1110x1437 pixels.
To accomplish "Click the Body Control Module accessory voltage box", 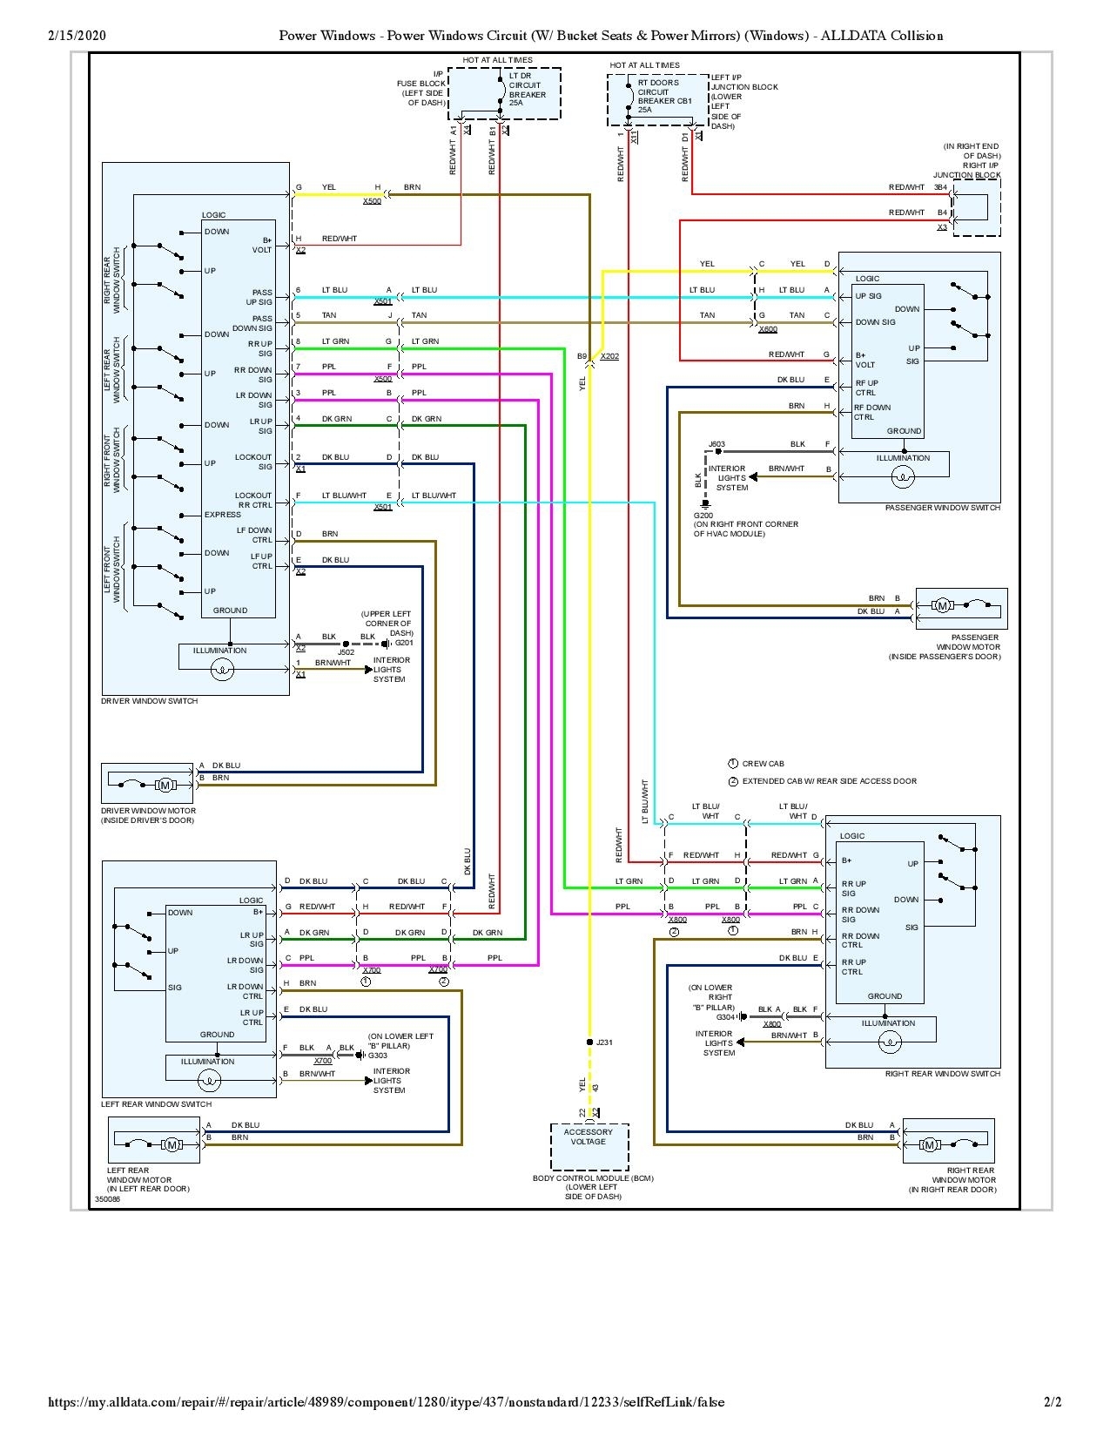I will (589, 1146).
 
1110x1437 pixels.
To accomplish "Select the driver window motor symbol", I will (165, 786).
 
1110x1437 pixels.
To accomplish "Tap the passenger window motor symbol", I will (943, 605).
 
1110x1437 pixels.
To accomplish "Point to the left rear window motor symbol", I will (172, 1144).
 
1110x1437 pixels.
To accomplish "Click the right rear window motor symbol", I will (930, 1144).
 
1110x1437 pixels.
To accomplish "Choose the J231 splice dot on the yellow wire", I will (589, 1042).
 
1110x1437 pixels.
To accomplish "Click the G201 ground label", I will (404, 643).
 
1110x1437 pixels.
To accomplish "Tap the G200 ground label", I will (703, 516).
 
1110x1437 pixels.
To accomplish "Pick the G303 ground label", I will (377, 1056).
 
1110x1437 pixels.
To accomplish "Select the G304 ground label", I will (725, 1016).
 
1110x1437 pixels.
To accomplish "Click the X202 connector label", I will (609, 356).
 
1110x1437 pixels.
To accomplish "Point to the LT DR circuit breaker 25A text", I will (528, 90).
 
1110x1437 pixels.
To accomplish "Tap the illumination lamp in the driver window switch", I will (224, 669).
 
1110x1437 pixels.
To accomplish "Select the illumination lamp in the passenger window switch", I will (903, 476).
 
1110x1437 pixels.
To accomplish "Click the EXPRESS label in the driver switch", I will (223, 515).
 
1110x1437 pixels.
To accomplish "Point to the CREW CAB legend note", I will (763, 764).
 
